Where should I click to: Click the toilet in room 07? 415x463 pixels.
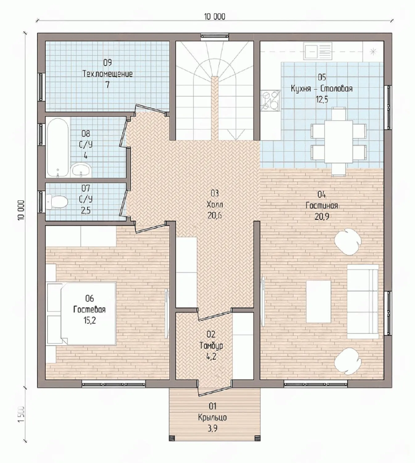pyautogui.click(x=57, y=201)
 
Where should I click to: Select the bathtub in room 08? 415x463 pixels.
pyautogui.click(x=58, y=148)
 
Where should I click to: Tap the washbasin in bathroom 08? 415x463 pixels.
pyautogui.click(x=81, y=170)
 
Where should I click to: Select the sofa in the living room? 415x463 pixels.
pyautogui.click(x=363, y=301)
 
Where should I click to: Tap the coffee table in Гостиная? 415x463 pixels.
pyautogui.click(x=318, y=302)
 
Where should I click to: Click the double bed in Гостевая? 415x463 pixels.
pyautogui.click(x=88, y=313)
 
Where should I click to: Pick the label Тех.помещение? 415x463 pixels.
pyautogui.click(x=107, y=74)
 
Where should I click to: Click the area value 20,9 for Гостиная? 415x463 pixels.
pyautogui.click(x=322, y=217)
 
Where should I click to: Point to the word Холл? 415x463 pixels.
pyautogui.click(x=214, y=204)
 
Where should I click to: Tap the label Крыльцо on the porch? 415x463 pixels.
pyautogui.click(x=212, y=417)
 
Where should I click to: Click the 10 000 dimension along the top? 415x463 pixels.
pyautogui.click(x=214, y=17)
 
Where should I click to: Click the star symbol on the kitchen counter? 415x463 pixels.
pyautogui.click(x=373, y=52)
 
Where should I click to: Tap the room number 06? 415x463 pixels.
pyautogui.click(x=89, y=298)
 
